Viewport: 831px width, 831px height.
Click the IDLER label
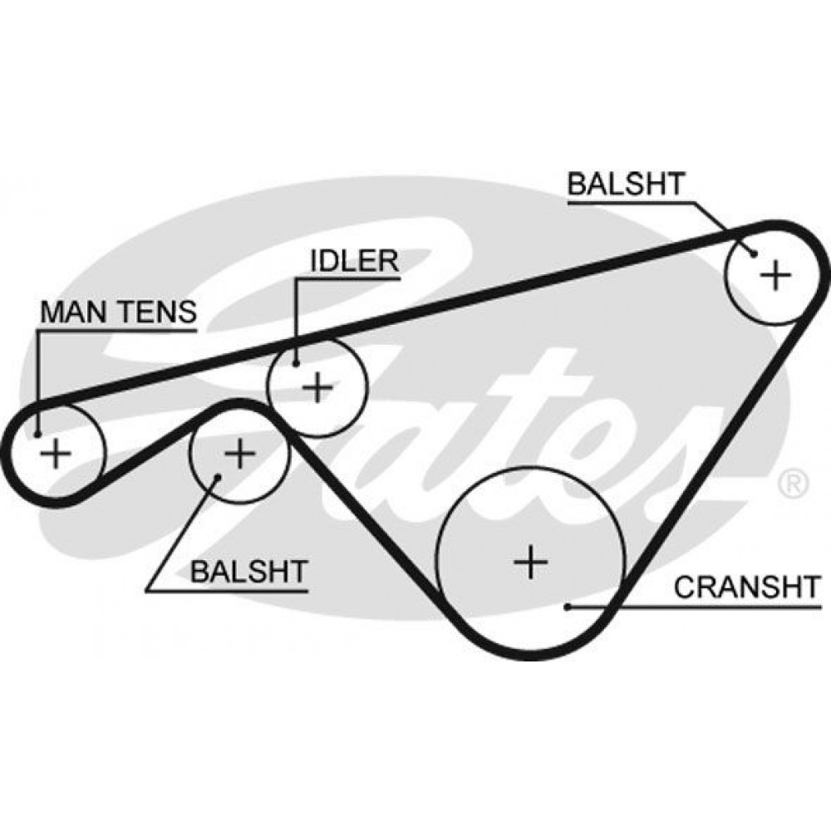coord(354,261)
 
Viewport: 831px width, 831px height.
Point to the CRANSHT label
coord(746,587)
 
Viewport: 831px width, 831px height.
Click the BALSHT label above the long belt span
coord(626,184)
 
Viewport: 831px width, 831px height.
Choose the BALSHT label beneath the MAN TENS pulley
coord(249,572)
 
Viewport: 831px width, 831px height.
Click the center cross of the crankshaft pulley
coord(530,561)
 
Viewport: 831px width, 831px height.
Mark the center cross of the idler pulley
coord(318,387)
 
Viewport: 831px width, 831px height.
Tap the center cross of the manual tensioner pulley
coord(56,453)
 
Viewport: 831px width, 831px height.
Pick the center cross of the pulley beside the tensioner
coord(239,453)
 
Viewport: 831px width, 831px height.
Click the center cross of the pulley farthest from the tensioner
coord(775,275)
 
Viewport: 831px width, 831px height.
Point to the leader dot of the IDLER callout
coord(297,363)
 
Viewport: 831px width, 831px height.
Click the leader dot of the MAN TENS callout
coord(37,435)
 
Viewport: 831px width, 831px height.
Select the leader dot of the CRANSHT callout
coord(568,607)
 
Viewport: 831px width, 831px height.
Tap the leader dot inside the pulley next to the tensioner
coord(217,477)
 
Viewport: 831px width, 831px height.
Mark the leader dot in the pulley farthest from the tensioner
coord(754,254)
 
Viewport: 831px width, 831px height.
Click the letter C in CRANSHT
coord(685,587)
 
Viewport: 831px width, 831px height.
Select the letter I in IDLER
coord(314,261)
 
